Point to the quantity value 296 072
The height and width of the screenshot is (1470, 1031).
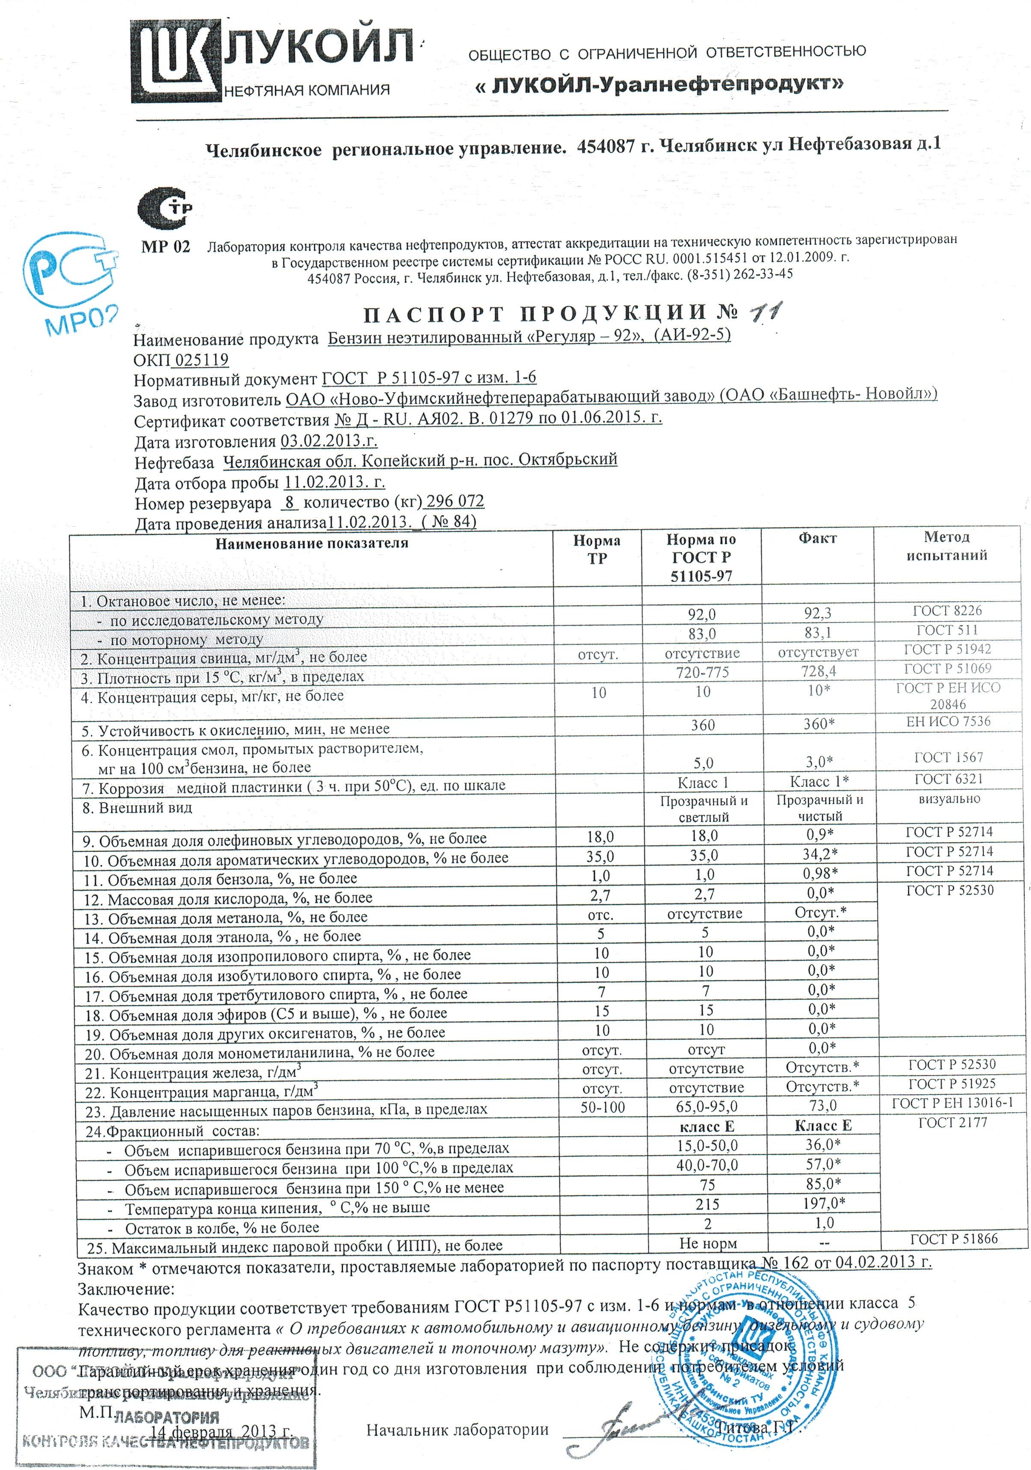point(455,501)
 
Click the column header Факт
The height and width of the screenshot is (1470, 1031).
point(817,539)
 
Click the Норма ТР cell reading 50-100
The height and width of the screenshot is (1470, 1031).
point(602,1106)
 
